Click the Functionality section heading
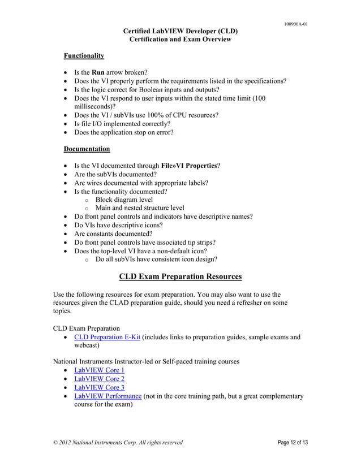(83, 56)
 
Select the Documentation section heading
(87, 149)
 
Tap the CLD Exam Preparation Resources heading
(180, 276)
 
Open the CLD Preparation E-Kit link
(107, 338)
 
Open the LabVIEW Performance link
(108, 396)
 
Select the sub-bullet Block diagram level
(124, 200)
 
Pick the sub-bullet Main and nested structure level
(140, 208)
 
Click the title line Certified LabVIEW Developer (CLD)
(180, 31)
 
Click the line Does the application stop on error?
(123, 132)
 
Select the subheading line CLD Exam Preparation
(86, 328)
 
